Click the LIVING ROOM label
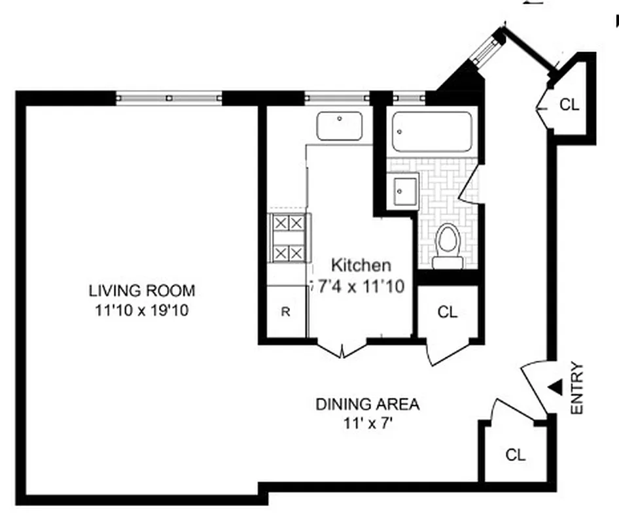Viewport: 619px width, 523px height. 142,290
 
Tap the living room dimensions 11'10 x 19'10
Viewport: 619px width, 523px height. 142,311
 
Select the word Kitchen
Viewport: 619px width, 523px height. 361,265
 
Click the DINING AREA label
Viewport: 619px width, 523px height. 367,404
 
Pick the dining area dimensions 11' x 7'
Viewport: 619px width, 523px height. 367,424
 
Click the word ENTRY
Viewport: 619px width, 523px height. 576,388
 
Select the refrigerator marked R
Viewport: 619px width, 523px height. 285,312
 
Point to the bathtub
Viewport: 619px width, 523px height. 432,131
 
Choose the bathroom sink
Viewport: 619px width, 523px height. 401,191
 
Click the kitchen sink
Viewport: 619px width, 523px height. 340,126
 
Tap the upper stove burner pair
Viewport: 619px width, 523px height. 289,223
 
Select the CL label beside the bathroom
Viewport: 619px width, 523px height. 447,312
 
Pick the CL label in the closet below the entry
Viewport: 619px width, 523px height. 516,455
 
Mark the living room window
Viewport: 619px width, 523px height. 169,97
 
